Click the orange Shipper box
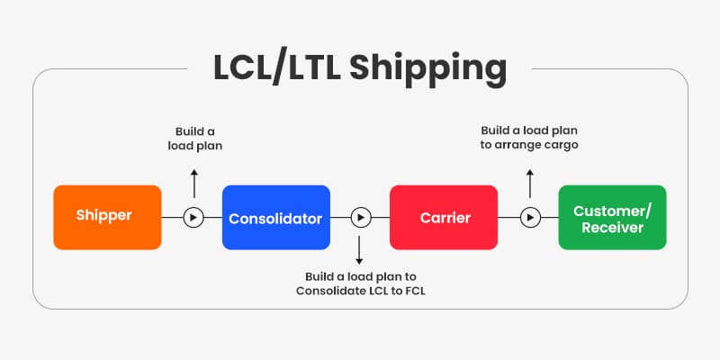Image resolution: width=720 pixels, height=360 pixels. [107, 217]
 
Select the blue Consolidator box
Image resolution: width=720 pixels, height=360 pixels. [275, 217]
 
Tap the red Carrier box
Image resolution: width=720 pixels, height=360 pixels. [443, 217]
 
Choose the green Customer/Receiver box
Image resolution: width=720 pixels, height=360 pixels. [612, 217]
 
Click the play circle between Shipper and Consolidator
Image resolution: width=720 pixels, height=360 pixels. [192, 217]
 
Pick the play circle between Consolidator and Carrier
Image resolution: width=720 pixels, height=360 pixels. [360, 217]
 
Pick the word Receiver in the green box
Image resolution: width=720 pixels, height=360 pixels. [612, 228]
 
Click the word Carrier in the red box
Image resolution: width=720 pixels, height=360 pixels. [443, 218]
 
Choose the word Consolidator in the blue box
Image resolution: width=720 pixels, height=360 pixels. [275, 218]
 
